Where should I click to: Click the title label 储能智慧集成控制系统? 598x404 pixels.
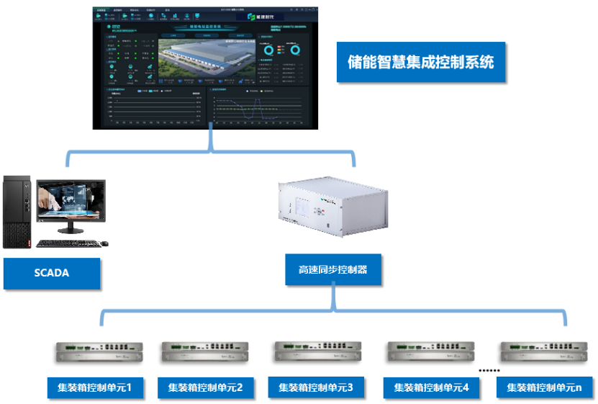pyautogui.click(x=416, y=62)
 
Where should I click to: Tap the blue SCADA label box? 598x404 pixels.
pyautogui.click(x=51, y=273)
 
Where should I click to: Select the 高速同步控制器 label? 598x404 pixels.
pyautogui.click(x=332, y=269)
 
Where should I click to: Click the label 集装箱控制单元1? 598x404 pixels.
pyautogui.click(x=95, y=387)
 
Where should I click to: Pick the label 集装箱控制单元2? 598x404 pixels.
pyautogui.click(x=205, y=387)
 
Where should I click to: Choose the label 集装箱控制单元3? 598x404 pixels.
pyautogui.click(x=315, y=387)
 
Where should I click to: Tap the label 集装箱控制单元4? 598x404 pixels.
pyautogui.click(x=431, y=387)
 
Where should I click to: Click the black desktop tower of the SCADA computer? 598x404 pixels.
pyautogui.click(x=17, y=212)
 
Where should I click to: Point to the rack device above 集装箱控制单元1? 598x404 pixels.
pyautogui.click(x=100, y=351)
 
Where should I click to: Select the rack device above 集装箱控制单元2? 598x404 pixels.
pyautogui.click(x=205, y=351)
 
